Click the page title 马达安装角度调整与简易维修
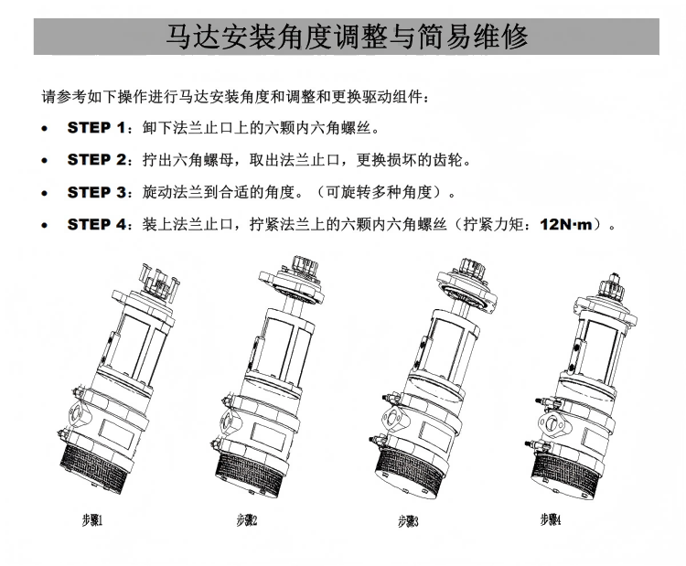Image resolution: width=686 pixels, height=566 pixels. (347, 37)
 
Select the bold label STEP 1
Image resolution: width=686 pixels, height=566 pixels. (96, 128)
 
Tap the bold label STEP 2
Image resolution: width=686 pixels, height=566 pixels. (97, 160)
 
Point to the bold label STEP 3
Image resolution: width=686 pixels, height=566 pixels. (97, 192)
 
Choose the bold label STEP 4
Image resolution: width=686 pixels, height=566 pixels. (97, 224)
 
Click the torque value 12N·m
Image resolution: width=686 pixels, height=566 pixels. (565, 224)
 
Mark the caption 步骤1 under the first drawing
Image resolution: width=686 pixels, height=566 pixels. (92, 520)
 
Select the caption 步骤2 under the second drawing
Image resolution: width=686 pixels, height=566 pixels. (247, 520)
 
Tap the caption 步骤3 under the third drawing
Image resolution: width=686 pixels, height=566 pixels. (408, 521)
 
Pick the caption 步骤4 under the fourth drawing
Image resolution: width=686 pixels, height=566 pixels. (551, 519)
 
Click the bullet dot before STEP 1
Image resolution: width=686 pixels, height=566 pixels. (44, 129)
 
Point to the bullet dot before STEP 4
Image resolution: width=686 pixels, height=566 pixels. (44, 225)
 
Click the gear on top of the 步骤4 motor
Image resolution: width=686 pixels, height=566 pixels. (610, 285)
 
